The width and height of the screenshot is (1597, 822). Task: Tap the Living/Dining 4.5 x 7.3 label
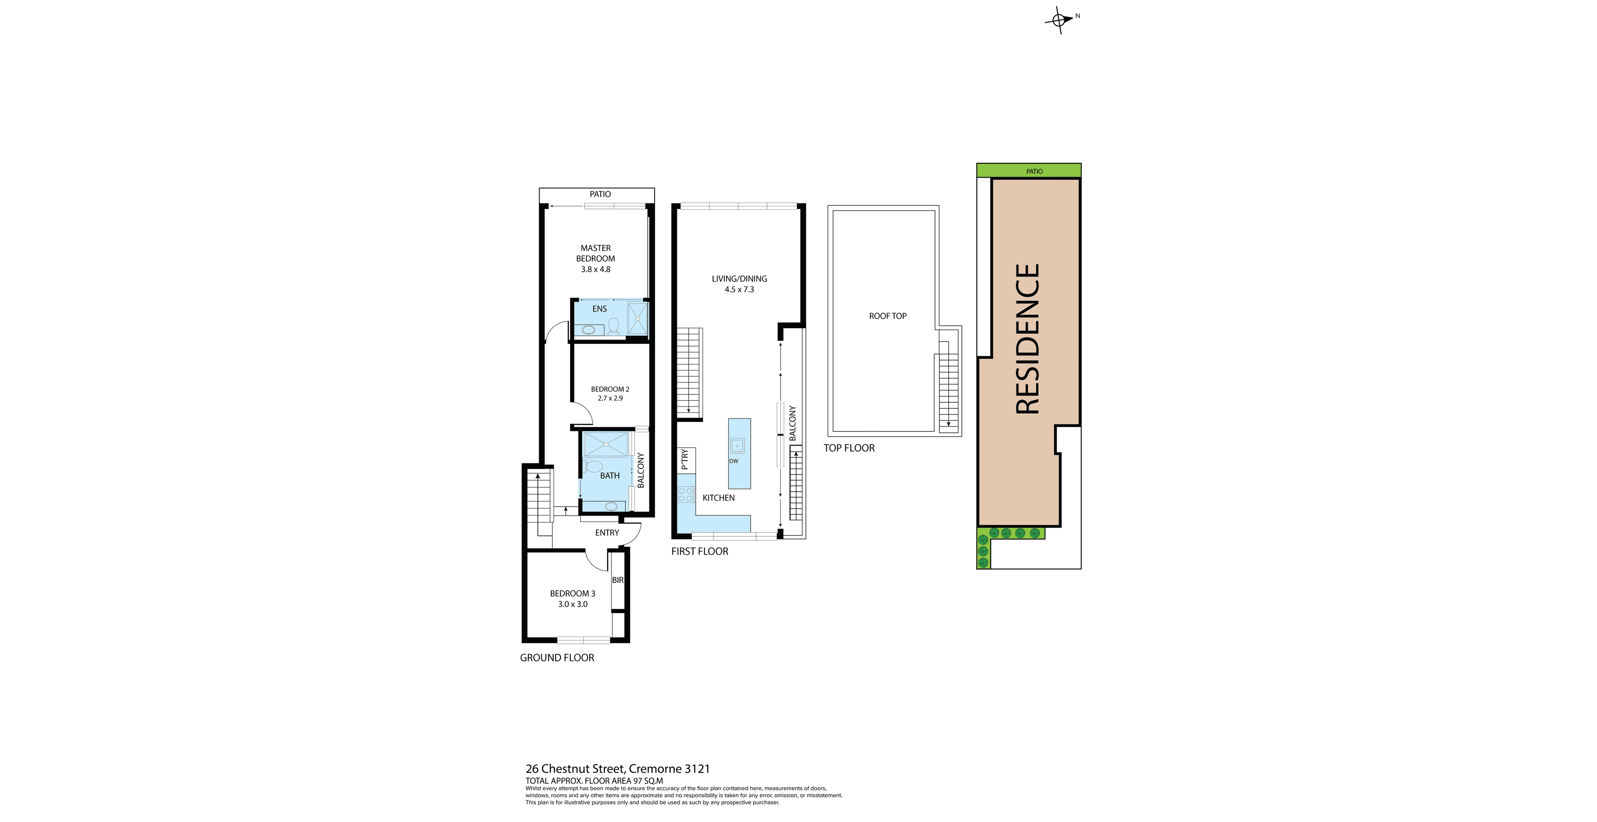739,284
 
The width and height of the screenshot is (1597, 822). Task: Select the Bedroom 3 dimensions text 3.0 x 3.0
573,604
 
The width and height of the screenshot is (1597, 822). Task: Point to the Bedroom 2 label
610,389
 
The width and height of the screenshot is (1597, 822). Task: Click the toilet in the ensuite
614,326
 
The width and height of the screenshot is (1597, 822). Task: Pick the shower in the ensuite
637,318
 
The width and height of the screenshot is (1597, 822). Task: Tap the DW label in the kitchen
734,461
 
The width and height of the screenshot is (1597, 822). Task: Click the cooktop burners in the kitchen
686,494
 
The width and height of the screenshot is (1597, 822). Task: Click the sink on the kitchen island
737,445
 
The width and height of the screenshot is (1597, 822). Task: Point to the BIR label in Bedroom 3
618,580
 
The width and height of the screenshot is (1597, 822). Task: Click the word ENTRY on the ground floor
607,533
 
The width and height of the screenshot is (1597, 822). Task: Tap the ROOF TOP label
888,316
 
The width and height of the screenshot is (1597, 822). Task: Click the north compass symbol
1060,20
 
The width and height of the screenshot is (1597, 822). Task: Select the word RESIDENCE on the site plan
1027,339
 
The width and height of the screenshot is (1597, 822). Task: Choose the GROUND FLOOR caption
557,658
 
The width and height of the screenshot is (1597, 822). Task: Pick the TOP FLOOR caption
849,448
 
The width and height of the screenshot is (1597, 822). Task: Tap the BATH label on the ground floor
609,476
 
